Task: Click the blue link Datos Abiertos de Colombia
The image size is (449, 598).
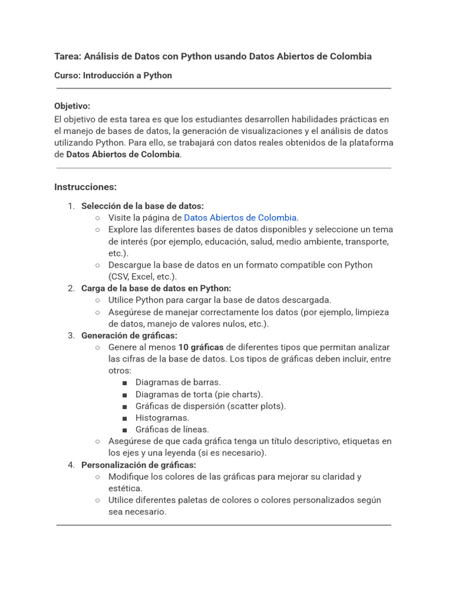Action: (x=240, y=218)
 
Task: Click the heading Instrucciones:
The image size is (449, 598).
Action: (x=85, y=187)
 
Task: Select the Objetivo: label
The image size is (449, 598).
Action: (x=72, y=106)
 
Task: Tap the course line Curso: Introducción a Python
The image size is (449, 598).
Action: (x=113, y=75)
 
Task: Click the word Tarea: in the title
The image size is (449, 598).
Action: (x=68, y=57)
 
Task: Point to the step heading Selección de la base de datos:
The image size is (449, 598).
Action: (x=142, y=206)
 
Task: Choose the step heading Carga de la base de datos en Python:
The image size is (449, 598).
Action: (x=156, y=288)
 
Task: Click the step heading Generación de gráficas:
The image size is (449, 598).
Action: (x=129, y=335)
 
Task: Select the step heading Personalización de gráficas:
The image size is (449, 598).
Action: (x=139, y=465)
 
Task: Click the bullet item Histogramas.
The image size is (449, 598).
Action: (x=163, y=418)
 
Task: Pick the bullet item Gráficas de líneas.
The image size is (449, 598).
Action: (x=172, y=429)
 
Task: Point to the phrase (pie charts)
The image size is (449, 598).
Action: (x=239, y=394)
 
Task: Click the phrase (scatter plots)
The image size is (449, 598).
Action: (x=256, y=406)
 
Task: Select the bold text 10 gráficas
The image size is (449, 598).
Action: (x=201, y=347)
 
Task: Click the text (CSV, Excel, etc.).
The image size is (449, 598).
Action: (x=142, y=276)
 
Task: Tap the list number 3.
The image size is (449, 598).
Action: (x=71, y=335)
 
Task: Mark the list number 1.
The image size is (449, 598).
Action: (x=71, y=206)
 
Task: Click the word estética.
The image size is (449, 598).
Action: (x=125, y=488)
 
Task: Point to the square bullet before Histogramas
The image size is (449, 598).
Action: (x=125, y=418)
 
